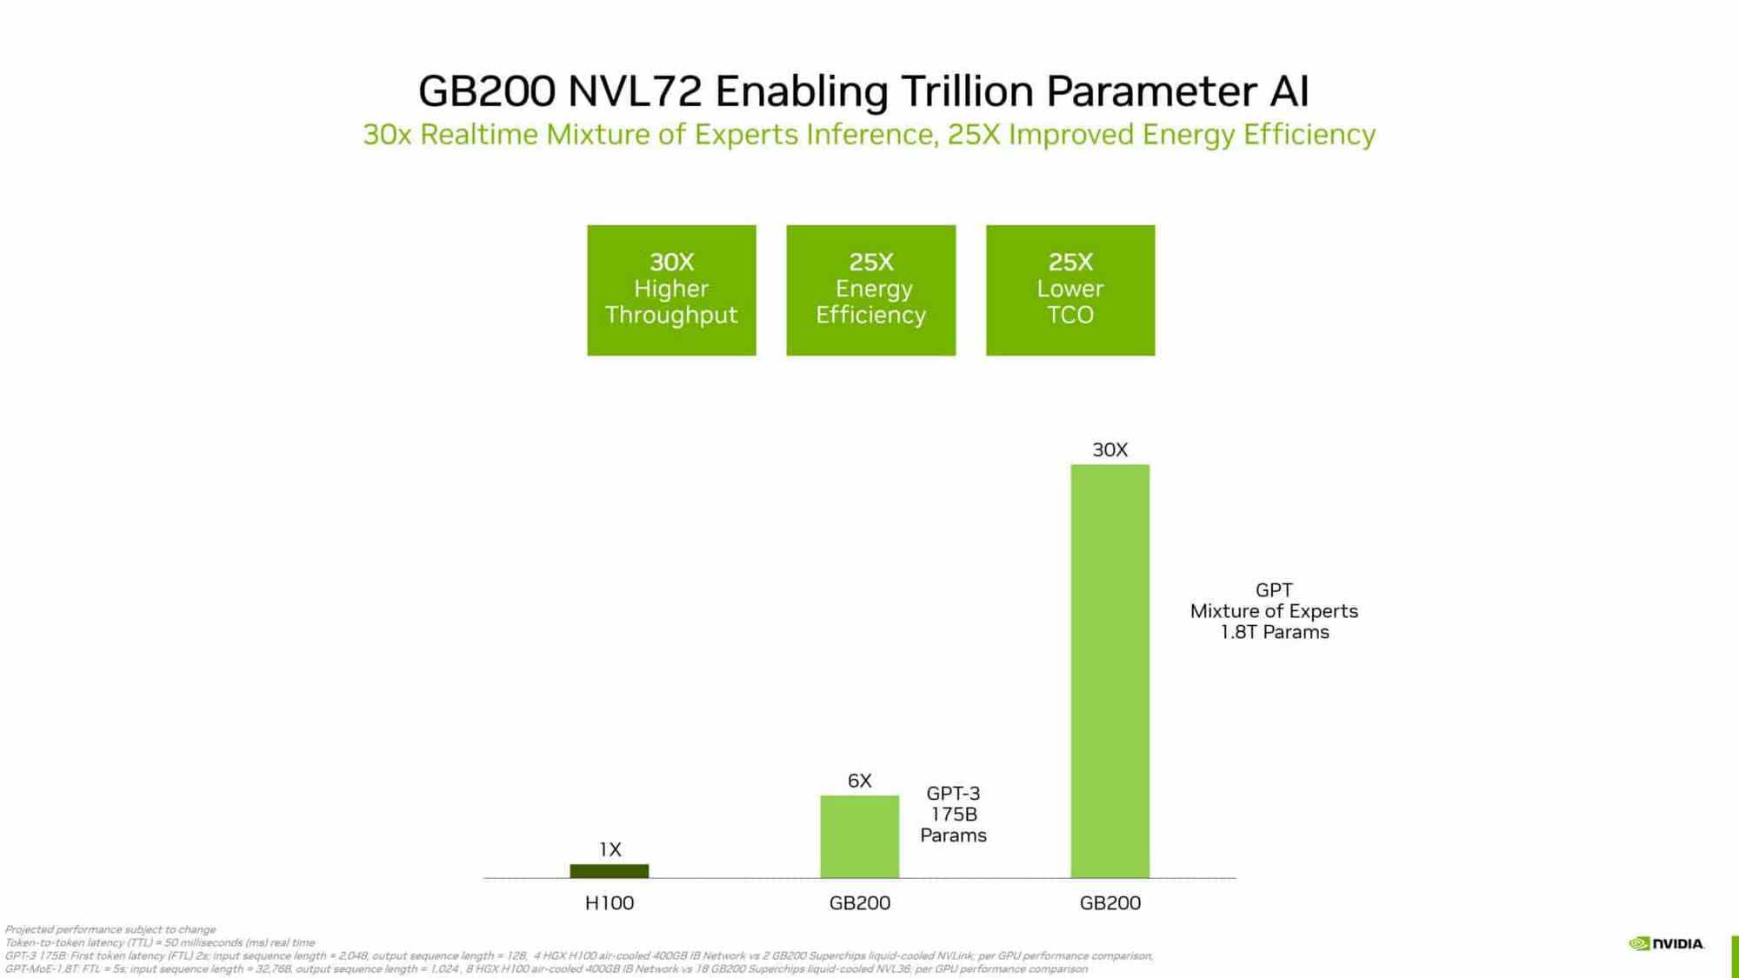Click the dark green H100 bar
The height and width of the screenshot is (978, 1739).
tap(609, 870)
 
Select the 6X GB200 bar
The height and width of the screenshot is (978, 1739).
tap(859, 836)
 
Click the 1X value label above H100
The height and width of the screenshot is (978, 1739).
tap(610, 849)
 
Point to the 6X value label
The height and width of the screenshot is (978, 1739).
tap(859, 781)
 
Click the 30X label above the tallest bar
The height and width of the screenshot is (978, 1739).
tap(1109, 449)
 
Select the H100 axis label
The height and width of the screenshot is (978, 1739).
tap(609, 902)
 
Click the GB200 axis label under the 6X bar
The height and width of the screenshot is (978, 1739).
tap(859, 902)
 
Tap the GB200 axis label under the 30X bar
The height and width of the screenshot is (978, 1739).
tap(1109, 902)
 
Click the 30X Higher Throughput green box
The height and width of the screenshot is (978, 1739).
tap(671, 289)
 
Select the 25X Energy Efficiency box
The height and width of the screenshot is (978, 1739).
tap(870, 289)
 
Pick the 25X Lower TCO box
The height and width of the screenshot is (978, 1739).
tap(1069, 289)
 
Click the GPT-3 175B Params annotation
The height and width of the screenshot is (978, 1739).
tap(953, 814)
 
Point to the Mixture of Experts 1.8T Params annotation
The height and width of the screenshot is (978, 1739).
tap(1274, 611)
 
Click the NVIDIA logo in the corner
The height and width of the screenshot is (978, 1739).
tap(1666, 943)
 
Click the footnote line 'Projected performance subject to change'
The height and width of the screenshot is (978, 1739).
tap(110, 929)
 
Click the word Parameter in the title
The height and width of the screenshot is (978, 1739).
tap(1151, 91)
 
